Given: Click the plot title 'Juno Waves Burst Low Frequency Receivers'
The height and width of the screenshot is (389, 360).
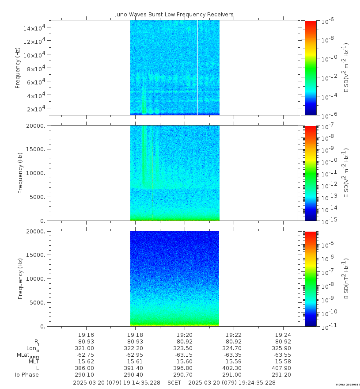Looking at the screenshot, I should [174, 14].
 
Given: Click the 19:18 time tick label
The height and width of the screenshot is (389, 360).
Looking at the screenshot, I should [135, 335].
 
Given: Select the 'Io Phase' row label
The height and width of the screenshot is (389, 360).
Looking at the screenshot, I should [27, 375].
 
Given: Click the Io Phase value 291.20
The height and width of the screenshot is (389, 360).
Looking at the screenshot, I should [283, 375].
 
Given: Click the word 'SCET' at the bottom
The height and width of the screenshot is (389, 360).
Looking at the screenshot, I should [174, 382].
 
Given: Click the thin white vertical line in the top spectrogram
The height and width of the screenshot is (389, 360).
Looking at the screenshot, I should [197, 66].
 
